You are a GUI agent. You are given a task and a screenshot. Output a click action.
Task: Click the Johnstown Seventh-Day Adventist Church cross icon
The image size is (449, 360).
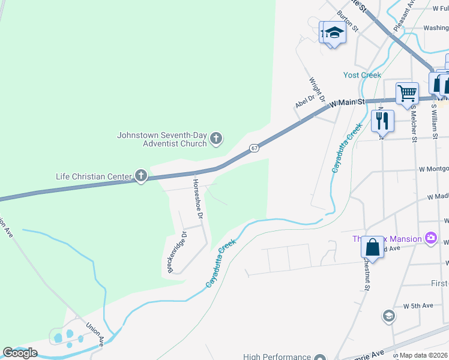217,139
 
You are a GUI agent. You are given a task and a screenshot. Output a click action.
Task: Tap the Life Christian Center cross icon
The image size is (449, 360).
141,176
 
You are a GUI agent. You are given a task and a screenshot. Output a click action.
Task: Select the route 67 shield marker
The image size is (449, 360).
255,148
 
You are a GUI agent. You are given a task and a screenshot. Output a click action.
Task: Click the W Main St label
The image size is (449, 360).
348,103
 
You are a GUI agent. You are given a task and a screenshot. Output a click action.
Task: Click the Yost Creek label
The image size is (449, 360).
362,75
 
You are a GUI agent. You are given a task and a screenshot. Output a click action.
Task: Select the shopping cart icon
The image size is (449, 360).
407,93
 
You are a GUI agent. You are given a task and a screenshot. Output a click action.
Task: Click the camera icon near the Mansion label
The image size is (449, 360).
430,239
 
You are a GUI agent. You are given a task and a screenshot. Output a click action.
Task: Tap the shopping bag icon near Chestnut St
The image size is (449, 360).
372,247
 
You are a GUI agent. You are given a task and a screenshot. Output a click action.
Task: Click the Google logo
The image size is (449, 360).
20,353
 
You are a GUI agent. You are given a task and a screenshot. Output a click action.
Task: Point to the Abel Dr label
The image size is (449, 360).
305,102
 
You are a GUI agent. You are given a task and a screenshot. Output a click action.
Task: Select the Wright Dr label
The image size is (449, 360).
318,89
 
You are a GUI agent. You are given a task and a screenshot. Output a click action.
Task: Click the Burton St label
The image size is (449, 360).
347,21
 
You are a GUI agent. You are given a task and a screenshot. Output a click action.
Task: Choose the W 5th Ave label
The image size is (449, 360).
418,306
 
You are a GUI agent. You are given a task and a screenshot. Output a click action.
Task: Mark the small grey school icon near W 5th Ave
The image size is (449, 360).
388,316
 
